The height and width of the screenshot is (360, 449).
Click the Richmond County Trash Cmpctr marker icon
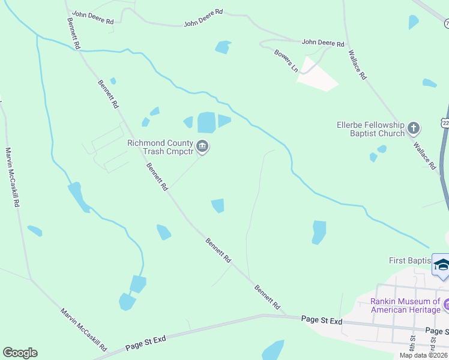[202, 146]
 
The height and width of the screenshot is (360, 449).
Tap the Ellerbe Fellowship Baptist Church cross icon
[413, 128]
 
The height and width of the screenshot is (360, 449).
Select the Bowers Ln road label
[286, 61]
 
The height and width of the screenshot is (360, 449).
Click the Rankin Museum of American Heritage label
[405, 305]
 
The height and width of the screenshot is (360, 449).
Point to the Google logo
[20, 353]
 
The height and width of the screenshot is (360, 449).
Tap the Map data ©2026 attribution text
[423, 355]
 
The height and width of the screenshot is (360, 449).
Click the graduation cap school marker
[441, 265]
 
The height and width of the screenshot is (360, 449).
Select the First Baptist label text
[410, 260]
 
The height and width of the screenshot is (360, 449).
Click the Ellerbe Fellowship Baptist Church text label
[370, 129]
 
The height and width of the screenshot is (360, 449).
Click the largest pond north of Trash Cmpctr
[206, 122]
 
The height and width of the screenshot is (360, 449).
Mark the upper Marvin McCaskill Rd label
[12, 177]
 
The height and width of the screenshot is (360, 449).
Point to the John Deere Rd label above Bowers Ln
[323, 43]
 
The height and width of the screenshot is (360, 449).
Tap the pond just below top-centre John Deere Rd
[223, 47]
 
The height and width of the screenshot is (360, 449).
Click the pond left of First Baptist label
[319, 232]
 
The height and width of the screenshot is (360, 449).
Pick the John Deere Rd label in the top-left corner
[92, 17]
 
